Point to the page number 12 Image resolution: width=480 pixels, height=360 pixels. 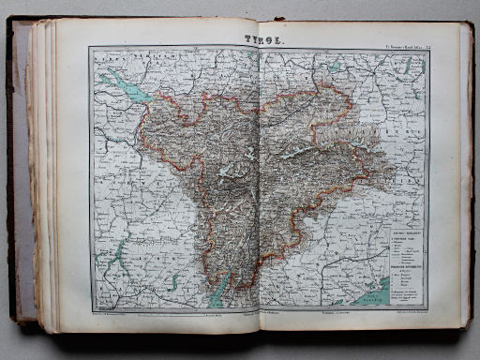pos(427,47)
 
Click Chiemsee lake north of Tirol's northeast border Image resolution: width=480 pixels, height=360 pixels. pos(335,67)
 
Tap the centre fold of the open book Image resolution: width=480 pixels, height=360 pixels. pos(258,187)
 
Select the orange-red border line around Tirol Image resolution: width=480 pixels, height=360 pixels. pos(150,150)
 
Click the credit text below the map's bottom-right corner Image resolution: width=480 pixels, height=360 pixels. pos(403,310)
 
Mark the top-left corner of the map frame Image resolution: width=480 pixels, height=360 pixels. pos(91,49)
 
